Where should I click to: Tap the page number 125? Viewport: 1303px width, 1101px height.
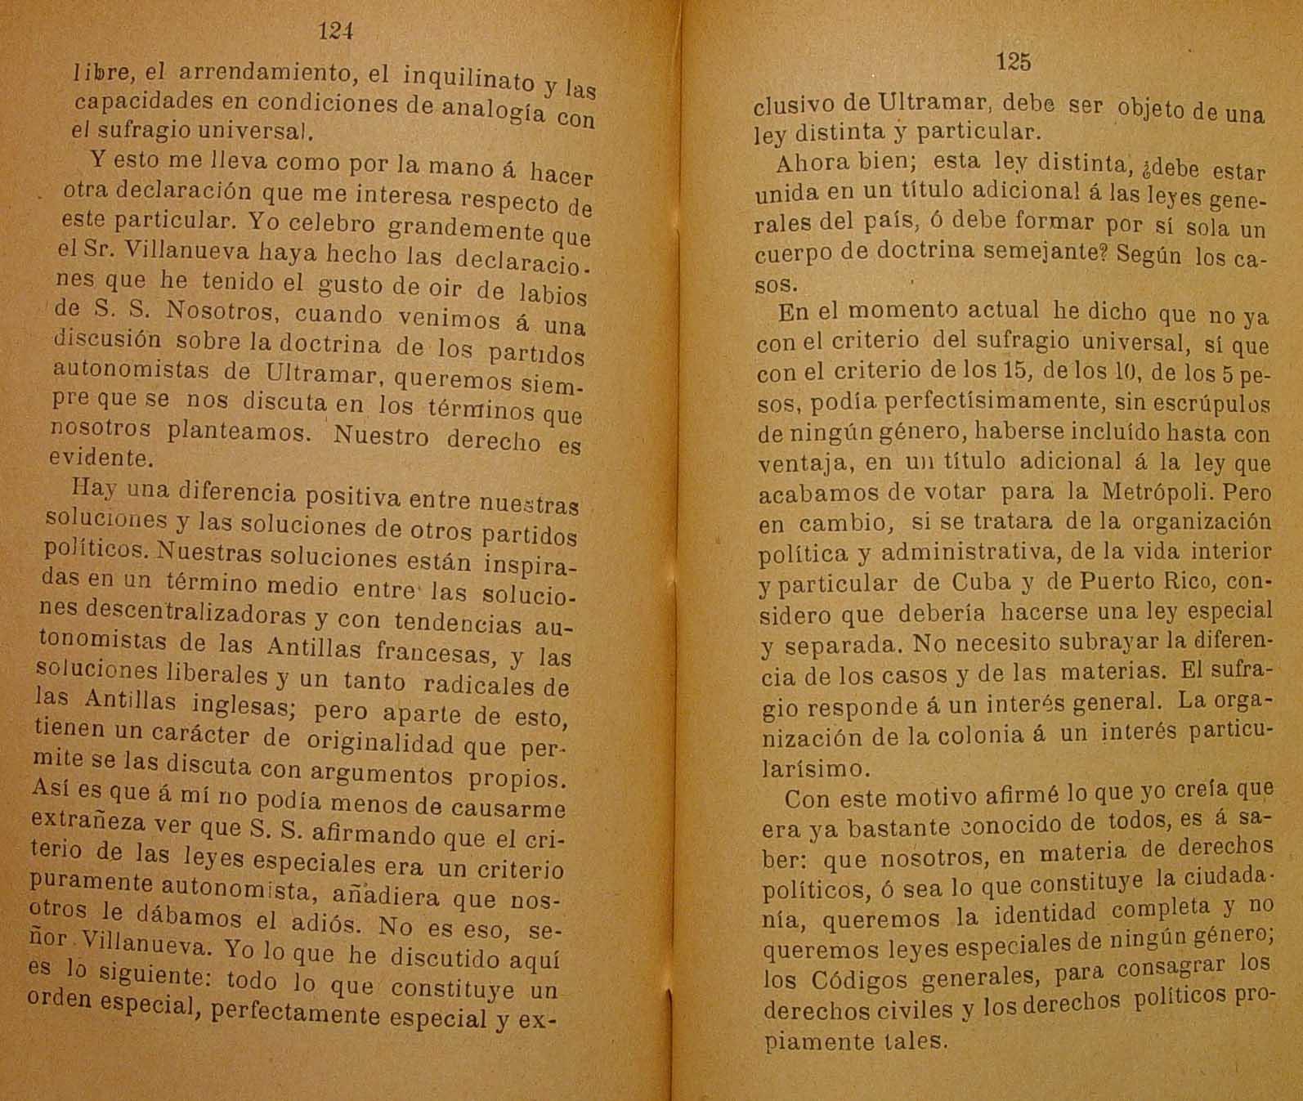tap(1014, 61)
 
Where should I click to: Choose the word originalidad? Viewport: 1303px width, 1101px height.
tap(379, 741)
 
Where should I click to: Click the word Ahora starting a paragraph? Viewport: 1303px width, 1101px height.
tap(809, 163)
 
